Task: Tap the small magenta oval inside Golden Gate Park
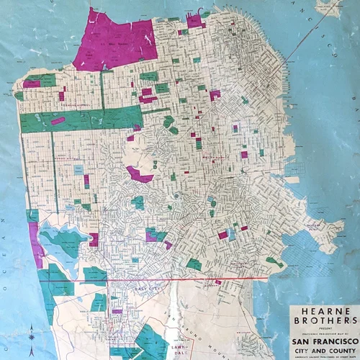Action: pos(58,121)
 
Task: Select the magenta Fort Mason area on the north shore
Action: pos(194,20)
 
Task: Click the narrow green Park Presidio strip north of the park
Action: pos(102,90)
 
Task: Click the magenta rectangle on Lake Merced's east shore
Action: pos(94,239)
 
